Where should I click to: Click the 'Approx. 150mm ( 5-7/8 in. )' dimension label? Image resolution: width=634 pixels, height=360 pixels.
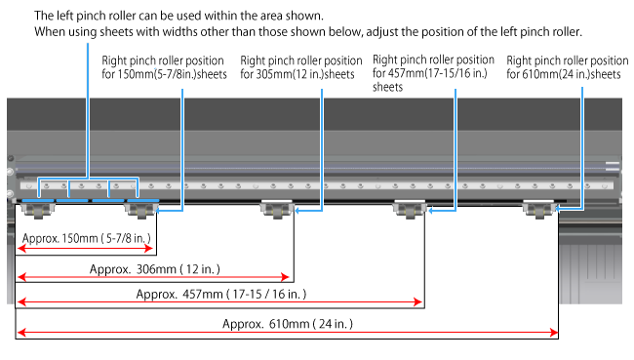(87, 238)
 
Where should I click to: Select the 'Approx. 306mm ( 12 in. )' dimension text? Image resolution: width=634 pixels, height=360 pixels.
(155, 269)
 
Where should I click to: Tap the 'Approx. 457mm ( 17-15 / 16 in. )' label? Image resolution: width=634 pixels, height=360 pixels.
(221, 294)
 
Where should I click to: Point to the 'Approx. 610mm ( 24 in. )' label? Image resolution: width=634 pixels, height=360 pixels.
(288, 324)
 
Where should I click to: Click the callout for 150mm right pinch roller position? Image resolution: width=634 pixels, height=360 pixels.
(164, 67)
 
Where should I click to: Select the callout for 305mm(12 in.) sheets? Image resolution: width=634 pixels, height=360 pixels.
(301, 67)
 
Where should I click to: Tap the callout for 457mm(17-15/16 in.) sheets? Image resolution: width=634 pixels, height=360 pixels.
(433, 73)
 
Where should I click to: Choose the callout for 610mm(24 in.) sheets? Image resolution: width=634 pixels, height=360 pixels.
(568, 67)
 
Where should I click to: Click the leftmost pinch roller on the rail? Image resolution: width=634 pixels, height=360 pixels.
(38, 210)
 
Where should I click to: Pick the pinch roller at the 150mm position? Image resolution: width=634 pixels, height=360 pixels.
(140, 210)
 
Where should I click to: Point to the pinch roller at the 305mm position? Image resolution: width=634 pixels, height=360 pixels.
(277, 209)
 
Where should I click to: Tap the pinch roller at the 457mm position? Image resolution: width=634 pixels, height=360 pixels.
(410, 209)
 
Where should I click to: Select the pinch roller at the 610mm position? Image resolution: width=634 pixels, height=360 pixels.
(538, 209)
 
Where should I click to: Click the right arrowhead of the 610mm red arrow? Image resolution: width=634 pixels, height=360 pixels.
(554, 333)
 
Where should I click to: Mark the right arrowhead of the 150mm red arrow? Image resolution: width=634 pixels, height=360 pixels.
(149, 249)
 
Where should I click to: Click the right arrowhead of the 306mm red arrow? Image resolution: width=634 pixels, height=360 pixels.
(286, 277)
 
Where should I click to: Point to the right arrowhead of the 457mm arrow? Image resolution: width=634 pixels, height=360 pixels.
(417, 301)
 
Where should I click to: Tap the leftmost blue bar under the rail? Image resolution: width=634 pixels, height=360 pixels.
(38, 200)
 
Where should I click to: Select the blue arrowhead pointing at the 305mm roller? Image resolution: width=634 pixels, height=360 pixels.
(297, 211)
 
